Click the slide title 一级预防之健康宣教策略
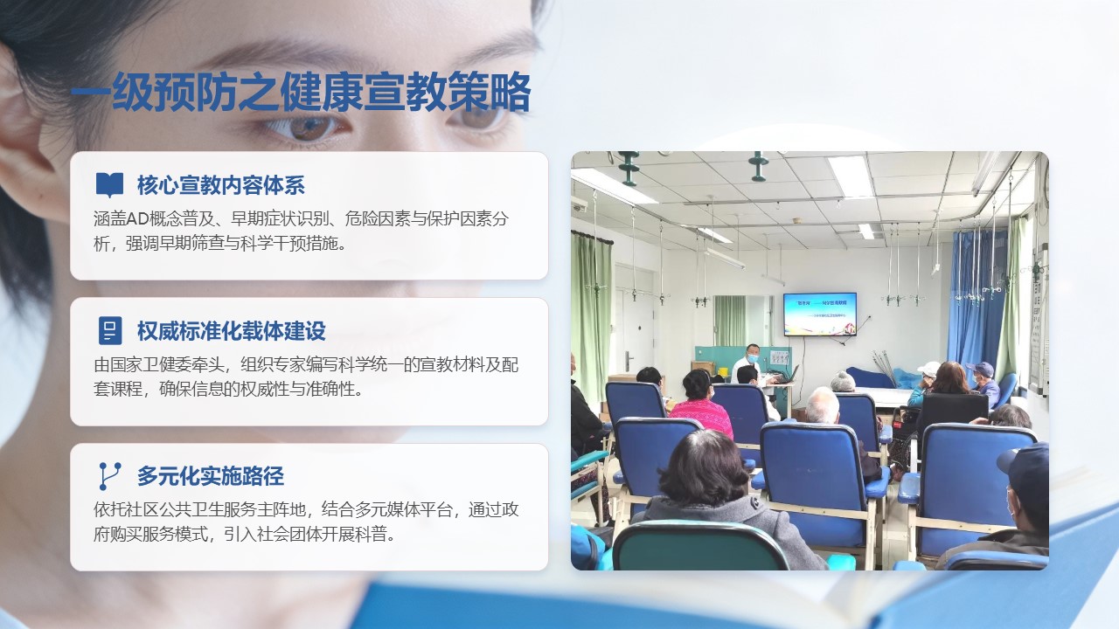click(301, 93)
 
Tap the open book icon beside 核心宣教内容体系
click(109, 185)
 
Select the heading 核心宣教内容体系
click(221, 185)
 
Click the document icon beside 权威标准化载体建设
click(110, 330)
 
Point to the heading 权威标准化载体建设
click(232, 331)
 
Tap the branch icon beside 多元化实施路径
click(109, 476)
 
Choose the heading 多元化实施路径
click(211, 476)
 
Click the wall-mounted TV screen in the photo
click(820, 314)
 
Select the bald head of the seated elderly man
click(822, 404)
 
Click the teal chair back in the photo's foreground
click(699, 546)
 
